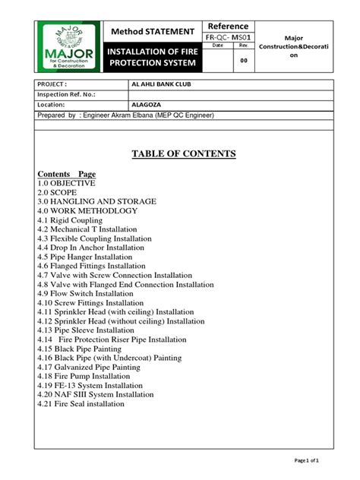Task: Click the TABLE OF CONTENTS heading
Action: tap(184, 154)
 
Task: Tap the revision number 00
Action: tap(244, 60)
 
